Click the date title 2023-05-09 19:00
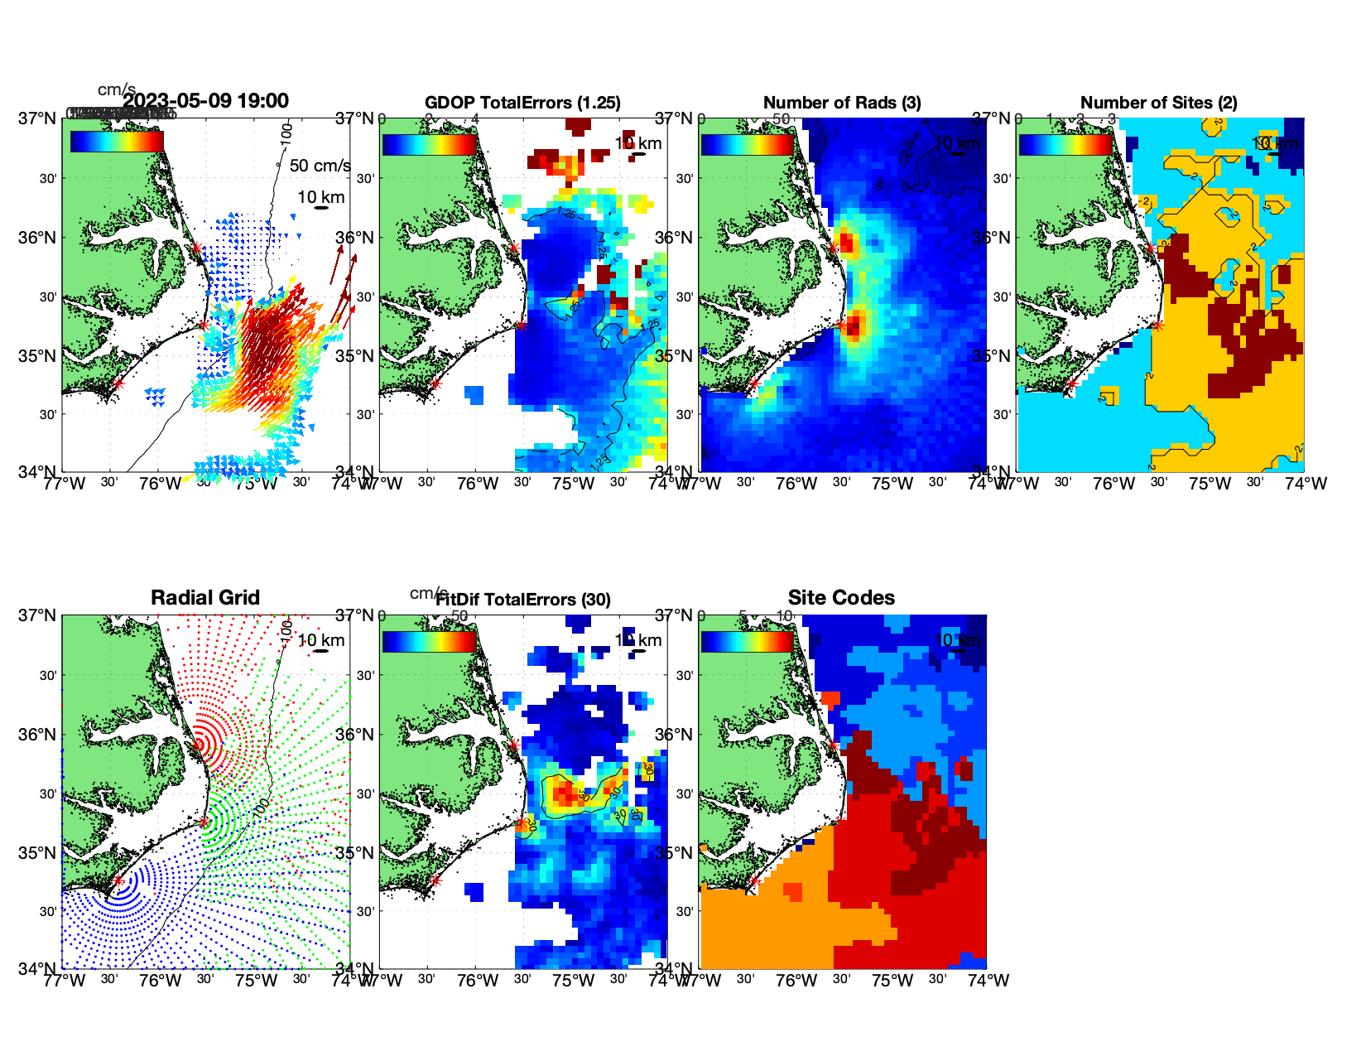(x=206, y=101)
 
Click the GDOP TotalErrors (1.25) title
(x=522, y=103)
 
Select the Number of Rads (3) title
(x=842, y=103)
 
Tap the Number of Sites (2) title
(x=1159, y=103)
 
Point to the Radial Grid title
(x=205, y=598)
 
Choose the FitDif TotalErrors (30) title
(x=523, y=599)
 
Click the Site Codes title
(x=841, y=598)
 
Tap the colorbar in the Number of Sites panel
(x=1065, y=144)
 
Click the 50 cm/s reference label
(x=320, y=166)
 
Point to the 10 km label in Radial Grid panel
(x=321, y=640)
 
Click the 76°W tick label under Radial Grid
(x=160, y=981)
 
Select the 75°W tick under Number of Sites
(x=1210, y=484)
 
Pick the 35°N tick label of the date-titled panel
(x=38, y=356)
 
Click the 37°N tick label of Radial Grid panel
(x=38, y=615)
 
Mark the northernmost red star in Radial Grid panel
(x=197, y=745)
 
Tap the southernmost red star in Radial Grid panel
(x=118, y=881)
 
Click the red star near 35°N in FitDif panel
(x=521, y=823)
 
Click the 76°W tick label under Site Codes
(x=796, y=981)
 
